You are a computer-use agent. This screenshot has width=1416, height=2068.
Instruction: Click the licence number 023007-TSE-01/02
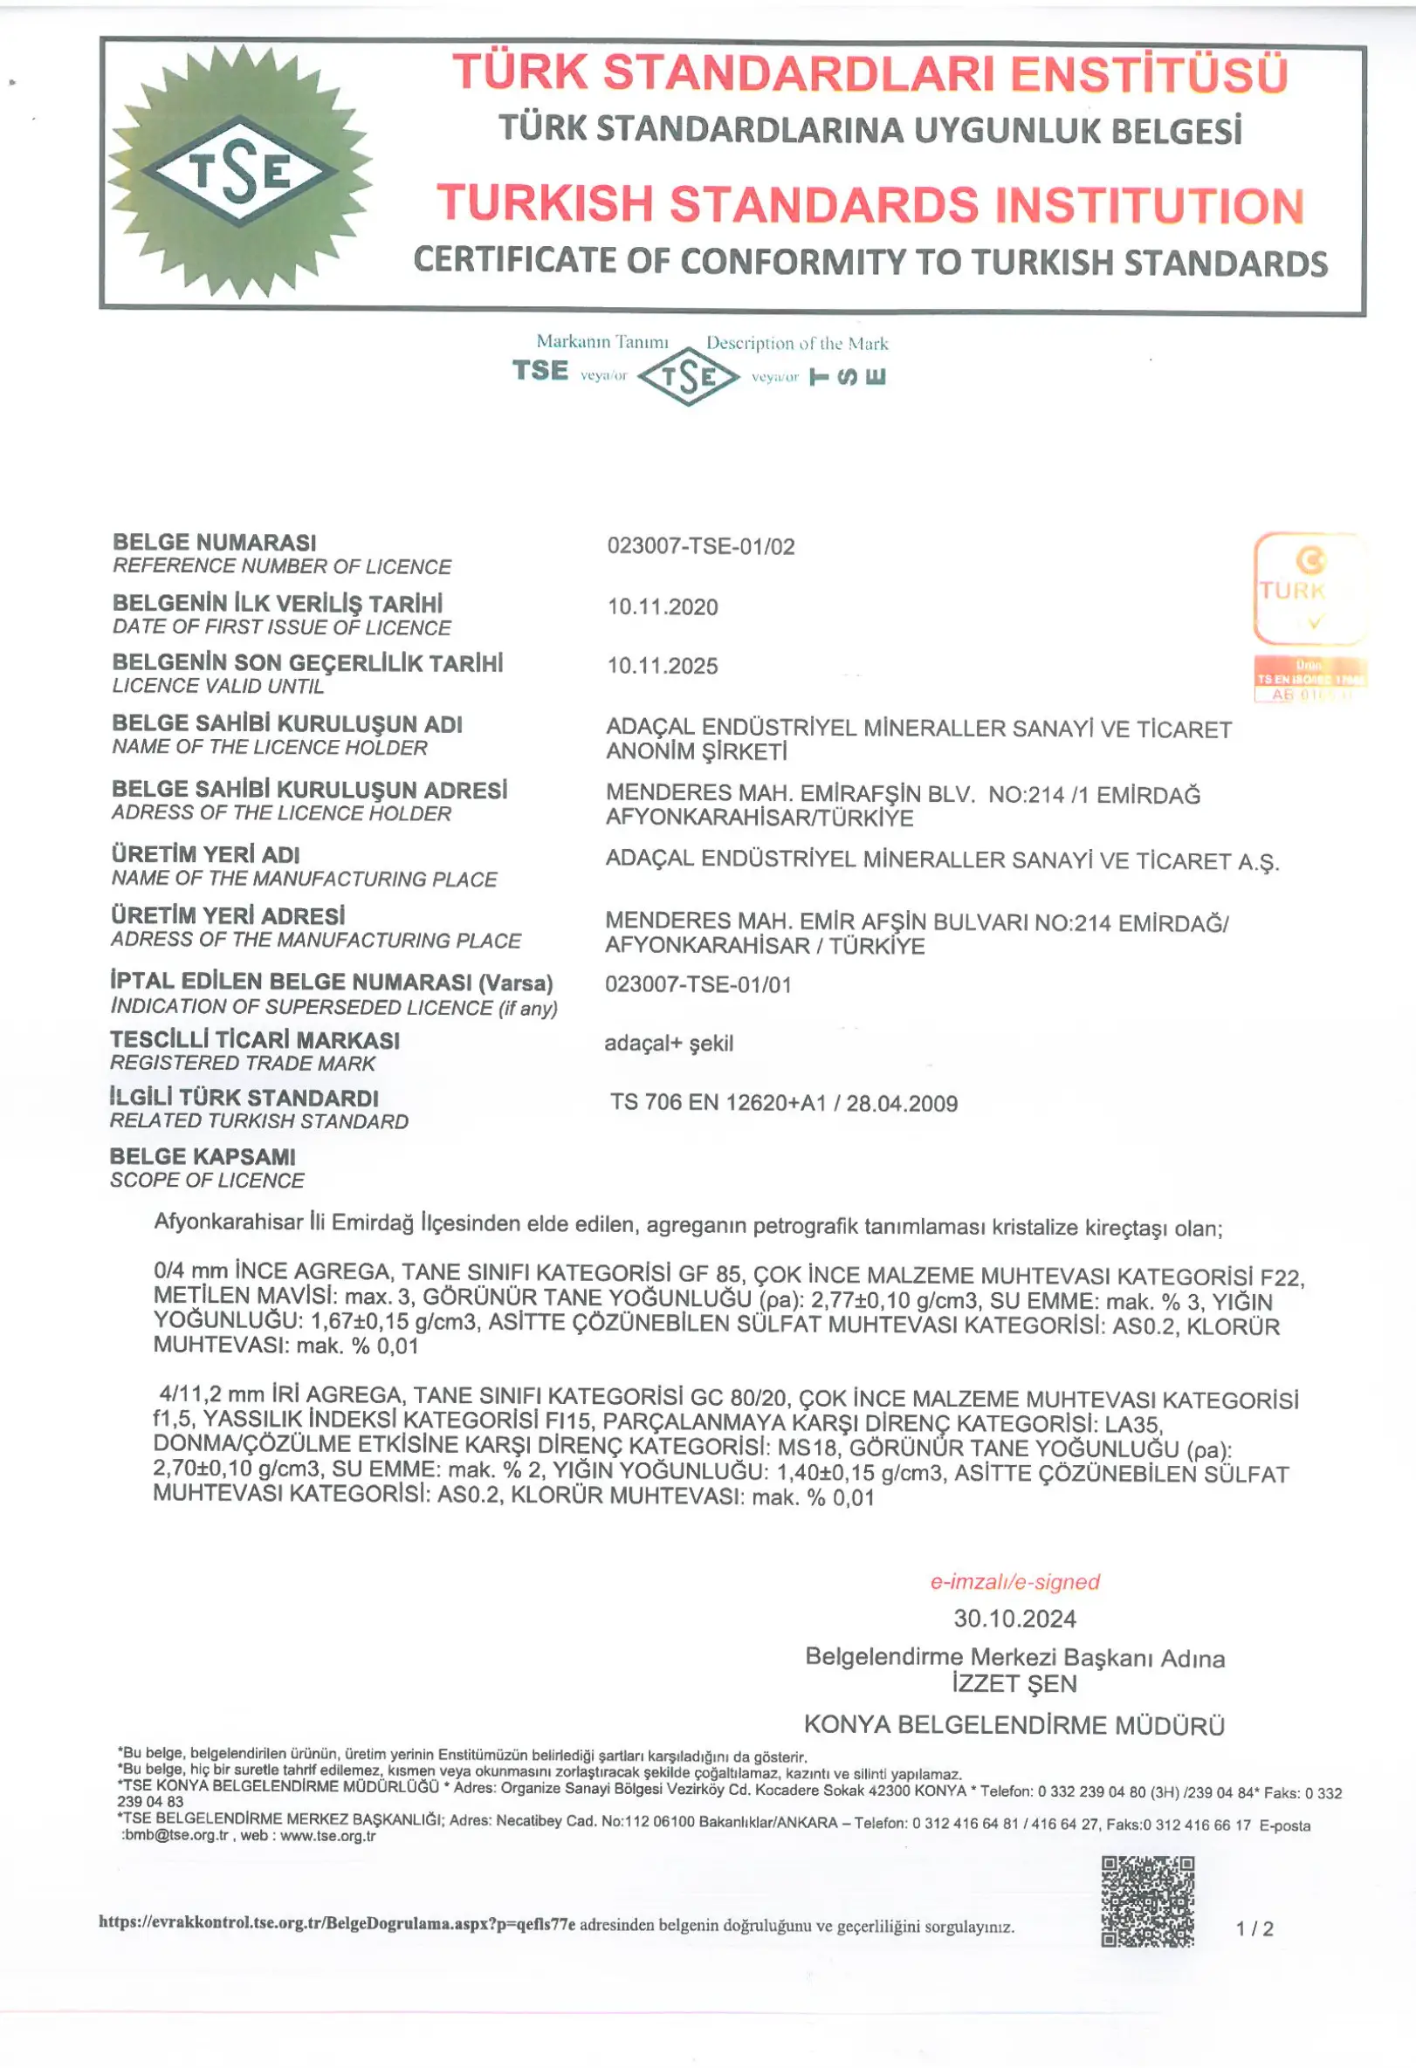point(700,546)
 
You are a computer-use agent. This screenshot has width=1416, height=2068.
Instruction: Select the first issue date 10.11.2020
point(662,606)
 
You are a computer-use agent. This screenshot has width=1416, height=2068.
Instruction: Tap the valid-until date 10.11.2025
point(662,666)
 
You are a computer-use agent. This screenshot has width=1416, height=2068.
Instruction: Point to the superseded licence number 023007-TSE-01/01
point(698,984)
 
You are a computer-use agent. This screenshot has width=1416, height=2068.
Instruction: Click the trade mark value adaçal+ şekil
point(669,1043)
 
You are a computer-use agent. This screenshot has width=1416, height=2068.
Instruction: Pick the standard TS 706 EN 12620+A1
point(783,1103)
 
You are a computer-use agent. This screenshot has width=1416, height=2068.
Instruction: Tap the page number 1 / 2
point(1254,1928)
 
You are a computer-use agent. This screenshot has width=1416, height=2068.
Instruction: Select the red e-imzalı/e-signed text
point(1014,1581)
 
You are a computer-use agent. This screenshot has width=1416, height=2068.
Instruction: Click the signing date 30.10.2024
point(1014,1618)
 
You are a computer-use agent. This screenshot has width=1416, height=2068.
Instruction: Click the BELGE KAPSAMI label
point(202,1156)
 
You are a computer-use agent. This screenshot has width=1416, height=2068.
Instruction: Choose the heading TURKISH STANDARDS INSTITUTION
point(870,204)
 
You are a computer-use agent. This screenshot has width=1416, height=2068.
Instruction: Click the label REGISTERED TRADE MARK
point(242,1063)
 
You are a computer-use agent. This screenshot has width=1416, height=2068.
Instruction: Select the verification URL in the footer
point(336,1923)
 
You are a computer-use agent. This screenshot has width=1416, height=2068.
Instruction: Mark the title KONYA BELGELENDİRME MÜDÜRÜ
point(1014,1724)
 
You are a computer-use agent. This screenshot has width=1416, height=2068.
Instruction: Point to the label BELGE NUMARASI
point(214,542)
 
